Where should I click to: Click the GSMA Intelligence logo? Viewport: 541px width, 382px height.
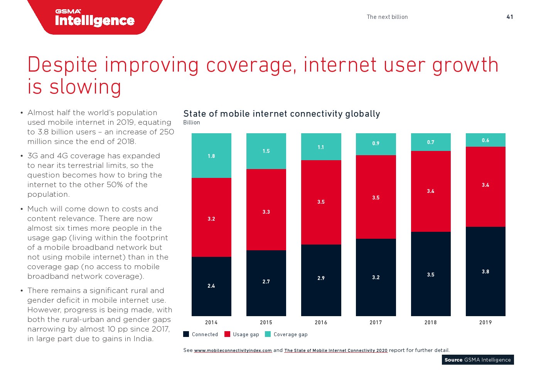click(95, 18)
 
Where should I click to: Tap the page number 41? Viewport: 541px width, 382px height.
click(509, 17)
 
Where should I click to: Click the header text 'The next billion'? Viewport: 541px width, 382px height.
click(387, 17)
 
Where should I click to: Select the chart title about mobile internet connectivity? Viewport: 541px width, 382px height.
click(281, 114)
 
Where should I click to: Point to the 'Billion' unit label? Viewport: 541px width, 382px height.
click(192, 122)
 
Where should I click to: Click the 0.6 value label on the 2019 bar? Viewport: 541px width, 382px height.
click(485, 141)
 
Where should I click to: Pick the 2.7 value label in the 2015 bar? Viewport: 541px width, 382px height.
click(266, 281)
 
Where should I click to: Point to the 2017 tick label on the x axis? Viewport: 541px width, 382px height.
click(376, 322)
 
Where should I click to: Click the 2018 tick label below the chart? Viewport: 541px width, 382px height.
click(430, 322)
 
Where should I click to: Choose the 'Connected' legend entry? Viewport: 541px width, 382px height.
click(201, 334)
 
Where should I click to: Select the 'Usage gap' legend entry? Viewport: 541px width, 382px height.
click(242, 334)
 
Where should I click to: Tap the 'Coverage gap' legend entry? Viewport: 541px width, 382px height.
click(287, 334)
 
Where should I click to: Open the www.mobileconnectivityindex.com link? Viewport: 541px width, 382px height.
click(233, 350)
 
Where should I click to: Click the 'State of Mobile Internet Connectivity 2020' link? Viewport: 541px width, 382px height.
click(336, 350)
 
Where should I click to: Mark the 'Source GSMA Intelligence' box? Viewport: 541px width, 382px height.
click(478, 360)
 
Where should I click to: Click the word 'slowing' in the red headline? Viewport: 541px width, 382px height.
click(85, 87)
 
